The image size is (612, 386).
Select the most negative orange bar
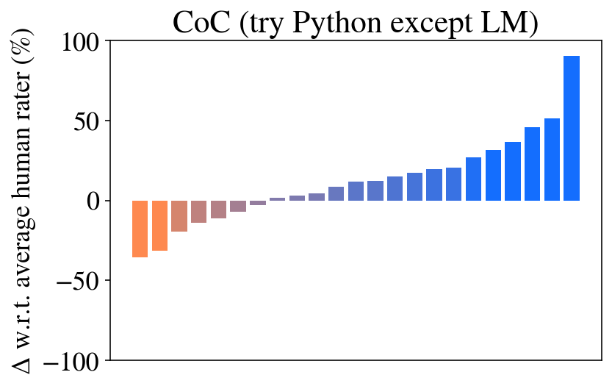coord(140,229)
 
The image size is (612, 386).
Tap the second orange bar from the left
coord(159,226)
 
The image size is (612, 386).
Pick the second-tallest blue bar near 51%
coord(552,160)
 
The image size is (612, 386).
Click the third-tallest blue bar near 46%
coord(533,164)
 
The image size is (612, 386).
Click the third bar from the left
coord(179,216)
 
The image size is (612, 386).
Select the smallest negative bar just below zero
coord(258,203)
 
